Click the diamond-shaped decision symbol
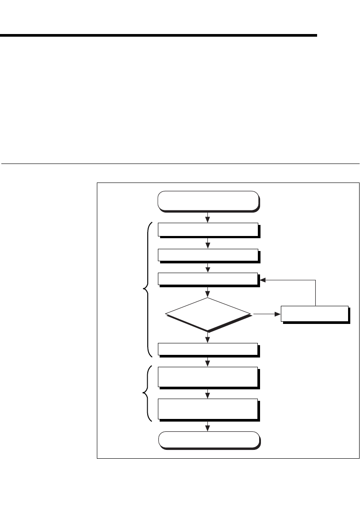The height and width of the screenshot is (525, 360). tap(208, 314)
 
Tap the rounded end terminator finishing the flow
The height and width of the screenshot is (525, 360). tap(208, 440)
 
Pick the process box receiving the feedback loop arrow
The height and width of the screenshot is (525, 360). tap(208, 280)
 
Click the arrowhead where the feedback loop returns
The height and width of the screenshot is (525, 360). tap(263, 280)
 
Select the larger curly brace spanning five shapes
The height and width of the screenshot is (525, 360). tap(148, 289)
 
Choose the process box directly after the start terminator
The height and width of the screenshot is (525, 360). tap(208, 230)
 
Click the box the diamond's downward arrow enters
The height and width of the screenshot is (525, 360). tap(208, 349)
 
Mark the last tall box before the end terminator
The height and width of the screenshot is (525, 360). tap(208, 409)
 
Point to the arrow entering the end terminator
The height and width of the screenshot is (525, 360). tap(208, 426)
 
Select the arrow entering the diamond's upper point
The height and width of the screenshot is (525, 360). tap(208, 292)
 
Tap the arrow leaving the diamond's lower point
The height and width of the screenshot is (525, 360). tap(208, 337)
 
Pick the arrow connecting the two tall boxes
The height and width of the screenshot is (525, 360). tap(208, 393)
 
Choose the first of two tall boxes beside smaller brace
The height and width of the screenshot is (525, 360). tap(208, 377)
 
